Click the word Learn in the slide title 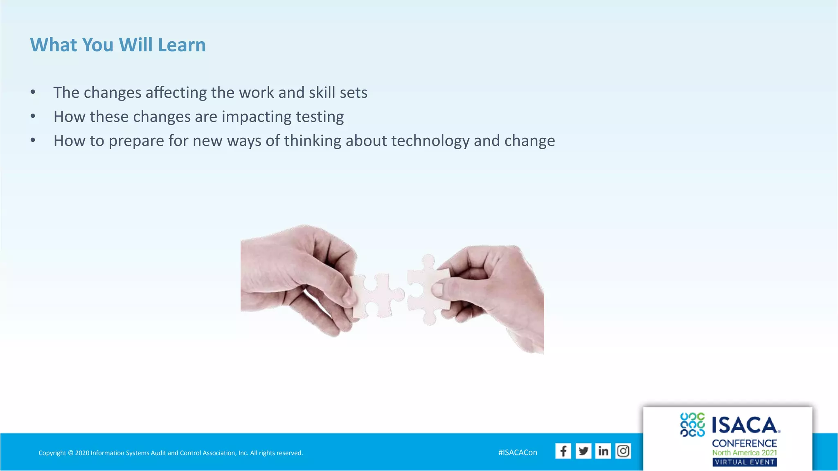182,45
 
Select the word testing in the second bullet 320,117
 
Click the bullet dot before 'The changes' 33,92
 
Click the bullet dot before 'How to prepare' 33,140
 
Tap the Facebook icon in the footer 563,451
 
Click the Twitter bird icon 583,451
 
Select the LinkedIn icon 603,451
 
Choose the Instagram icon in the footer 623,451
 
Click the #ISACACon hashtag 518,453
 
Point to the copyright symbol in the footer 70,453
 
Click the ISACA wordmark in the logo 745,425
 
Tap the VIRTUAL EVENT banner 745,462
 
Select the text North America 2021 745,453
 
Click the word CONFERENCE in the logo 744,443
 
